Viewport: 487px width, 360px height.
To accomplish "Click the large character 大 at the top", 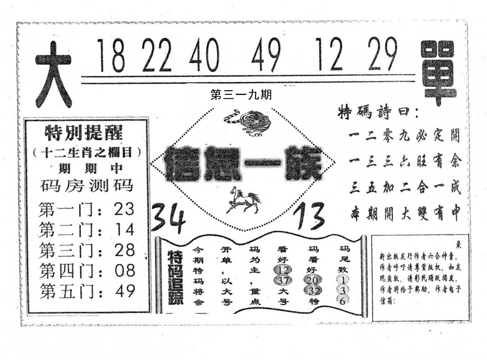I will point(53,74).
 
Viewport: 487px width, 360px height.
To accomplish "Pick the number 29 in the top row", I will point(382,54).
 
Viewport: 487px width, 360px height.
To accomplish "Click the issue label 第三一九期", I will point(241,95).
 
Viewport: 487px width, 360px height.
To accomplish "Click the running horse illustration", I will point(243,200).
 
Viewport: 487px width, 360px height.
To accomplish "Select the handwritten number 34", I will point(168,217).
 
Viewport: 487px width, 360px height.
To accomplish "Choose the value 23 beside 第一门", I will point(124,209).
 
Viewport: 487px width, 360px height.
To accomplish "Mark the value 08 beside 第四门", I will point(124,271).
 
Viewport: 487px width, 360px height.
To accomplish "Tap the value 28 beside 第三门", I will point(124,250).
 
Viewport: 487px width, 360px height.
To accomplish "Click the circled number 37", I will point(283,280).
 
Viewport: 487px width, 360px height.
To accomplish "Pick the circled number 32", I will point(314,291).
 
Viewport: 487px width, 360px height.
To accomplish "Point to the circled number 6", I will point(342,301).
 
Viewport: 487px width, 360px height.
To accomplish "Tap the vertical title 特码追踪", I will point(175,277).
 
